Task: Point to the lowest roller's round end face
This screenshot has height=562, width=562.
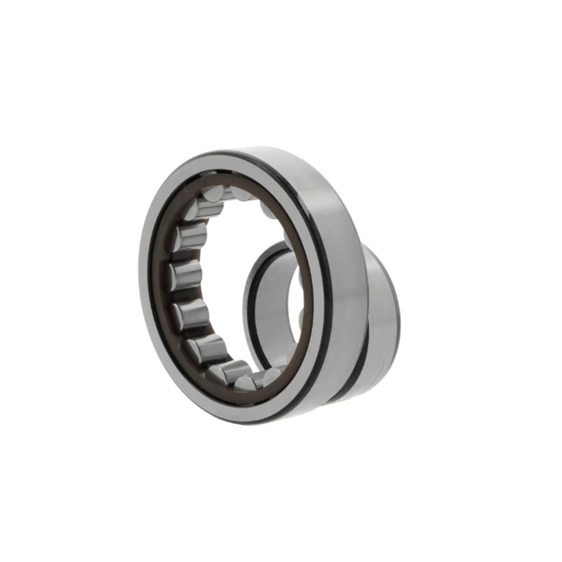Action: (x=245, y=384)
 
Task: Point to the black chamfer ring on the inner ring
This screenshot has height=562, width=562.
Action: (x=251, y=303)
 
